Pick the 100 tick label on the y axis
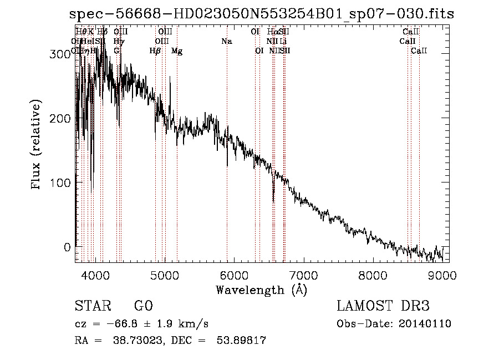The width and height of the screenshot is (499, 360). tap(58, 182)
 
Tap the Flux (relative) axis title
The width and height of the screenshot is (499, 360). tap(37, 145)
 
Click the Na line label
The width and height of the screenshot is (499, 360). tap(226, 41)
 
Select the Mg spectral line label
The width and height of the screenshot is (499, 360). tap(177, 51)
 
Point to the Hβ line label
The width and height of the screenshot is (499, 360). tap(155, 51)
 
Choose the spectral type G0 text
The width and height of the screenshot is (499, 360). tap(143, 307)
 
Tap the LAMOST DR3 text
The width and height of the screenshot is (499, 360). tap(383, 307)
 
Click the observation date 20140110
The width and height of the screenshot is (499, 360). tap(427, 324)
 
